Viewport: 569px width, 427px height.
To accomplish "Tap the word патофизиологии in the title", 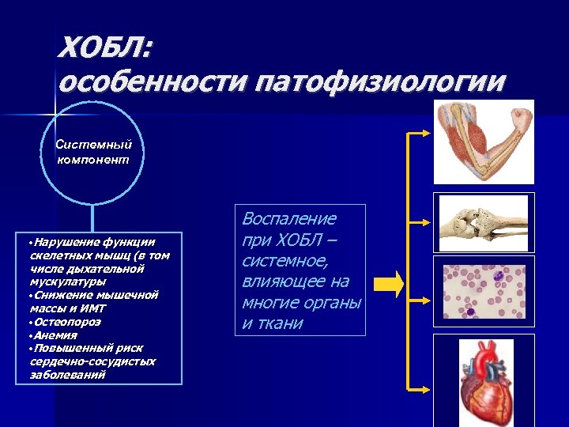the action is coord(379,81).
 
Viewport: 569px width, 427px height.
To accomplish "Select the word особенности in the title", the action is coord(153,81).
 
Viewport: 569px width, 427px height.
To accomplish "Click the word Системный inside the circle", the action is coord(93,145).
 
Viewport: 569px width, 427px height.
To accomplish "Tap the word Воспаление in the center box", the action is coord(288,219).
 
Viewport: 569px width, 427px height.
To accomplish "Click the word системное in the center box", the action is coord(278,261).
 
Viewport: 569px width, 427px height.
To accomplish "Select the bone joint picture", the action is coord(483,224).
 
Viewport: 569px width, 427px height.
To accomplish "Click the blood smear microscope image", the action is coord(484,291).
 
